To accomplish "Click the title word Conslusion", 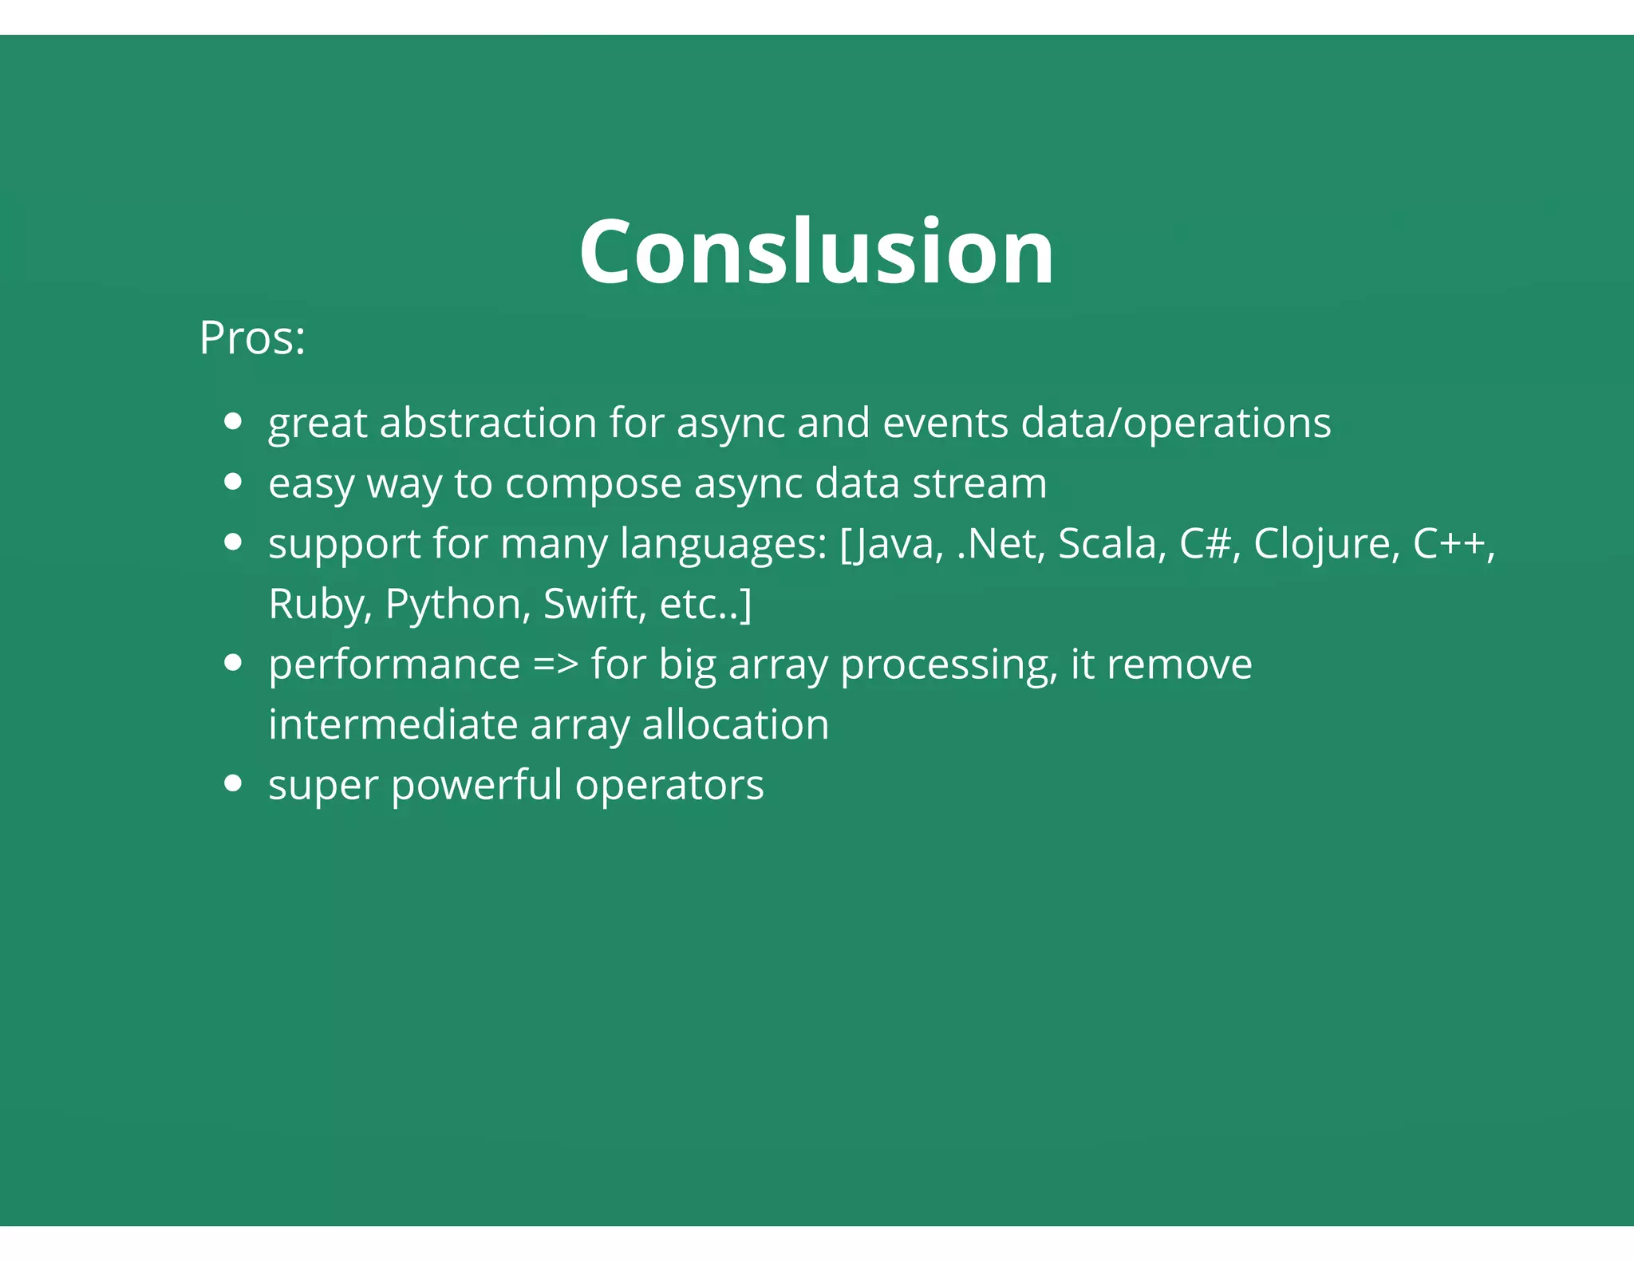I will click(x=816, y=252).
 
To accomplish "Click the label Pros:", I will click(x=252, y=338).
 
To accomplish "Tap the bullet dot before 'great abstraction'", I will click(x=233, y=421).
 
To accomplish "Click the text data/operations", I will click(x=1175, y=423).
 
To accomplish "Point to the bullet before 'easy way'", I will click(x=233, y=482).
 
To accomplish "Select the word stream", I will click(x=979, y=483).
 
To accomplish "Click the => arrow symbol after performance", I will click(x=555, y=665).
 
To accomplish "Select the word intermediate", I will click(x=393, y=724).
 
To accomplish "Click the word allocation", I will click(x=735, y=724).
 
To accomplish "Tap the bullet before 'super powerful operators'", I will click(x=233, y=783).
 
